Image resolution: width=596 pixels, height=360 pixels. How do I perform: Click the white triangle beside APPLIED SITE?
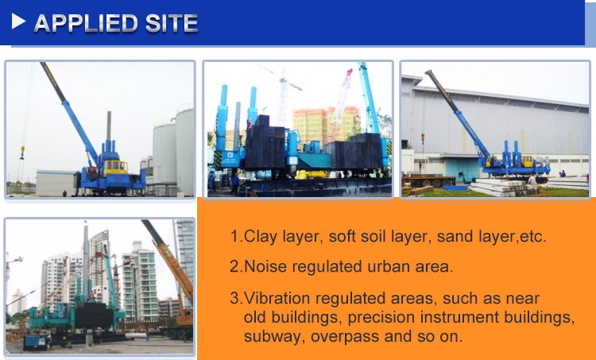[19, 23]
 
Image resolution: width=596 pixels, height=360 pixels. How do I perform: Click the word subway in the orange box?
[269, 335]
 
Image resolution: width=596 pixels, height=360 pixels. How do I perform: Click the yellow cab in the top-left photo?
[115, 167]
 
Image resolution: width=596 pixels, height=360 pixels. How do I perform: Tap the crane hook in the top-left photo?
[23, 150]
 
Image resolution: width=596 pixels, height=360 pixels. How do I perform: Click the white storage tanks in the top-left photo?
[172, 151]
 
